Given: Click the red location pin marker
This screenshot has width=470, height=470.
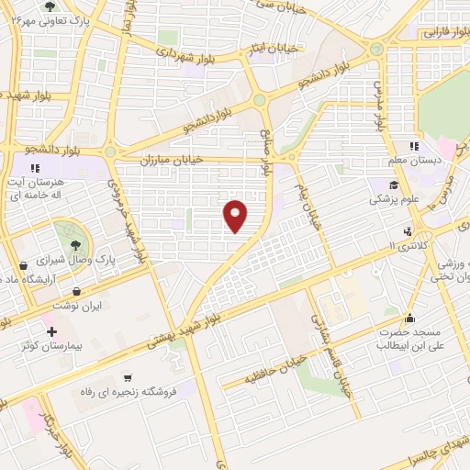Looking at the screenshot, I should [237, 215].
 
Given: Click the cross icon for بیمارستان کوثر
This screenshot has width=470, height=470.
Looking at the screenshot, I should [51, 330].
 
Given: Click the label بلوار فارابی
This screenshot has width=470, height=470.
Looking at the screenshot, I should [442, 32].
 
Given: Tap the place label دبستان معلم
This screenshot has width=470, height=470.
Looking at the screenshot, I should [439, 159].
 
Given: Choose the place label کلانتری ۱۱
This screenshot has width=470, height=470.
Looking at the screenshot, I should [415, 245].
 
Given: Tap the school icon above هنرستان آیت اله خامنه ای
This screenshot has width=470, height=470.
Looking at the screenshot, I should [34, 168].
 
